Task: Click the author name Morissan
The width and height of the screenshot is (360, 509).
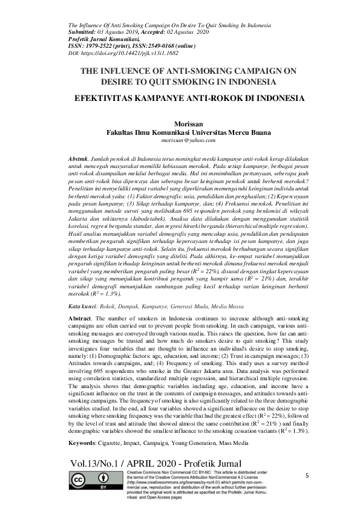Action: point(180,123)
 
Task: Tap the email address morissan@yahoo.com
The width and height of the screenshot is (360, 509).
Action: point(180,140)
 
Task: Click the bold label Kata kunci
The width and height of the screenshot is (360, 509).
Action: point(82,307)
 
